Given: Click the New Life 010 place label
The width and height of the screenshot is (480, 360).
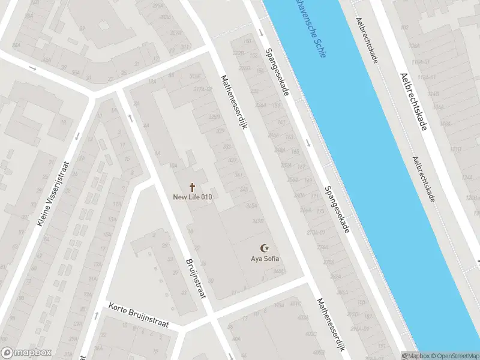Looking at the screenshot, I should [x=192, y=197].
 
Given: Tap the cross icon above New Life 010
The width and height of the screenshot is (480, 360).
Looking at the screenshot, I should [x=192, y=187].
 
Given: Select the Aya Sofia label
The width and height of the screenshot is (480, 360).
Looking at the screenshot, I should [x=265, y=259].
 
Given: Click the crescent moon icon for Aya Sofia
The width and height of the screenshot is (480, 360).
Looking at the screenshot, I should [x=264, y=248].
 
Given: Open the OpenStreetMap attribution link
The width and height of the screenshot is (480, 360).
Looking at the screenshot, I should [x=456, y=356].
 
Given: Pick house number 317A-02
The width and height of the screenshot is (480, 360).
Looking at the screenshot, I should [x=201, y=89].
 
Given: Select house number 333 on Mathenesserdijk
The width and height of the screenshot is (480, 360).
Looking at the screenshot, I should [x=227, y=146].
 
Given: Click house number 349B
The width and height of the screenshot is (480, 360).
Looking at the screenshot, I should [x=259, y=221].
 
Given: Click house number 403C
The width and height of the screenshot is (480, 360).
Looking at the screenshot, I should [x=310, y=334].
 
